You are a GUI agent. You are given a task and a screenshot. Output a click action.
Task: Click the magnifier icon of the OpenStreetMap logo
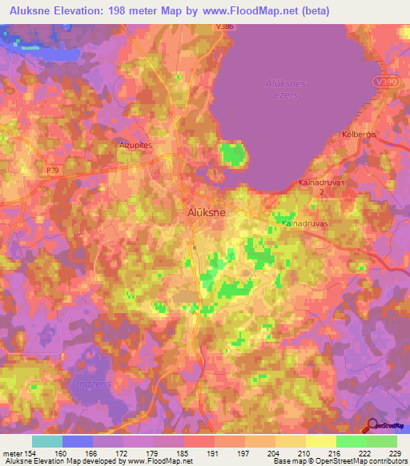[x=371, y=427]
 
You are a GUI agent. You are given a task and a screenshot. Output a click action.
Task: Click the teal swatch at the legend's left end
[x=46, y=441]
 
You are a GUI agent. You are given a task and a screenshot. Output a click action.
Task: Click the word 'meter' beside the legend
[x=12, y=453]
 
